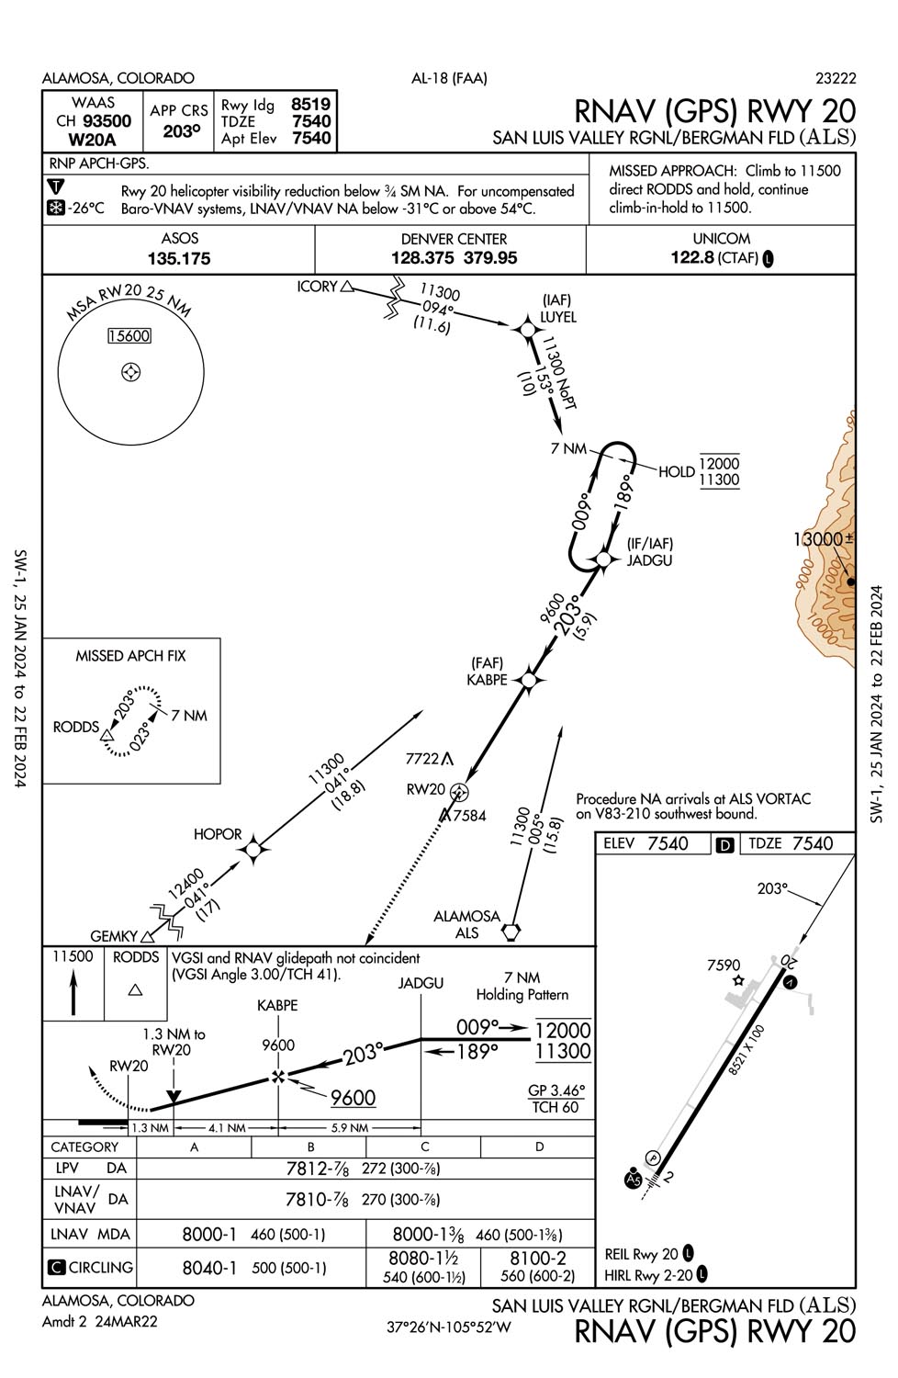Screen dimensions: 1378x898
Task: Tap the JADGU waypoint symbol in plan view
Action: point(603,559)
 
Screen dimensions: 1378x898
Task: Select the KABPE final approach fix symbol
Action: point(528,680)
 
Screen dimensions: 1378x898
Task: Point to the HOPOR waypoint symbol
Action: point(253,851)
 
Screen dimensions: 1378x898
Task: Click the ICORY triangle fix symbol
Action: point(347,287)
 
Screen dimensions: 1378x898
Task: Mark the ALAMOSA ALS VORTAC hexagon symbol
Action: point(511,932)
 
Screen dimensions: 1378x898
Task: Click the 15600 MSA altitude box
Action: point(129,336)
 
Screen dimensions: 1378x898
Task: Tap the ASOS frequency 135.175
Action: point(179,259)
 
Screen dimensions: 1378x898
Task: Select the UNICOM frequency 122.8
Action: point(692,257)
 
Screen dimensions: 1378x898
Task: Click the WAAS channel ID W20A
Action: point(94,140)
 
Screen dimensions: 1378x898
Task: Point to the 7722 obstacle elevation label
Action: point(422,759)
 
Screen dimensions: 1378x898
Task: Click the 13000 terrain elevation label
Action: point(817,539)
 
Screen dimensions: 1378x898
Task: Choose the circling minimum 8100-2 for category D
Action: point(538,1258)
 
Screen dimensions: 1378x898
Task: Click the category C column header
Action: point(424,1146)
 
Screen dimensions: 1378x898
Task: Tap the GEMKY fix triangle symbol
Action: point(147,938)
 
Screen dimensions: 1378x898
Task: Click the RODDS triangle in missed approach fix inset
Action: point(107,736)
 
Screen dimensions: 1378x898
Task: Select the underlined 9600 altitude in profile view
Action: point(353,1098)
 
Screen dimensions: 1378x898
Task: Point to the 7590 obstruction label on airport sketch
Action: point(724,965)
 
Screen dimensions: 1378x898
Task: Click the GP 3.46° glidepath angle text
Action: point(556,1090)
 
